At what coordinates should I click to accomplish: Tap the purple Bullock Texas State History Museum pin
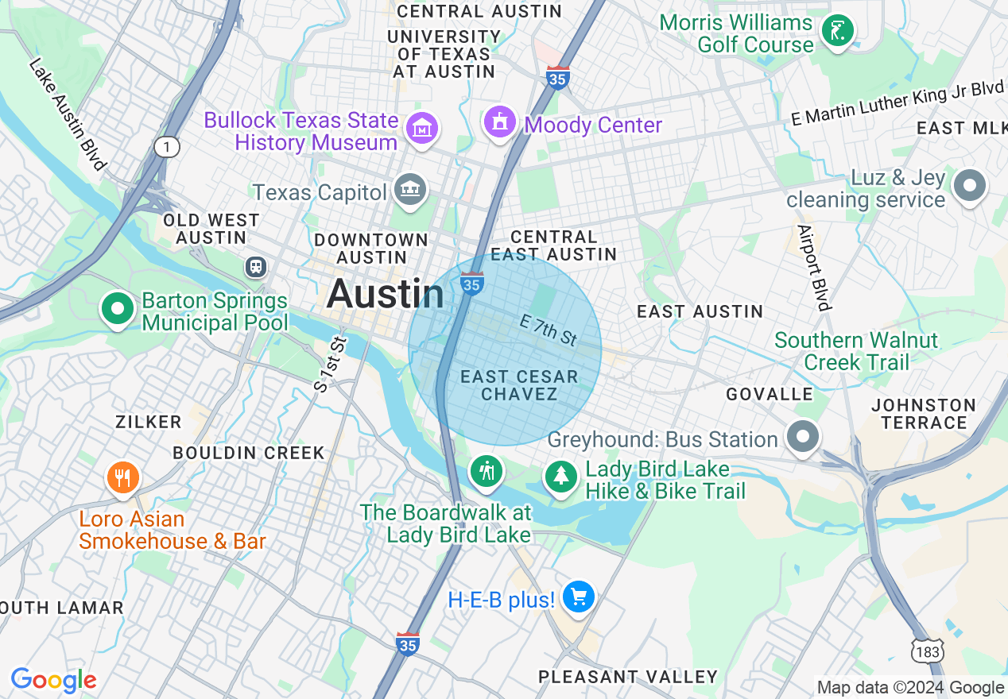421,128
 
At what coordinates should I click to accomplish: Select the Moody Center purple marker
500,122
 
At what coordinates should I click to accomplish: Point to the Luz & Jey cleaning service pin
969,186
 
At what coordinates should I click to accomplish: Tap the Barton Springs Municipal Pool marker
118,309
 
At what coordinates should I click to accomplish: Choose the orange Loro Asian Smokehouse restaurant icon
122,478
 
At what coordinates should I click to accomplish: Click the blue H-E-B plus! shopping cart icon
578,597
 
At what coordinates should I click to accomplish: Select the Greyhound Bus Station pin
803,436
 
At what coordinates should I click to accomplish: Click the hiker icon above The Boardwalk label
486,471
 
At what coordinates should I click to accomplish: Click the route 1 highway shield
168,147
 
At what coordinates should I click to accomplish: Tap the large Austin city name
385,295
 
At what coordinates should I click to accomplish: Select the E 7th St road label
548,329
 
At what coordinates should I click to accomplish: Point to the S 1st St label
331,365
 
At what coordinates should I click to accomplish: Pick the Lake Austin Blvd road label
68,114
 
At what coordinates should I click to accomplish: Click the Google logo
53,681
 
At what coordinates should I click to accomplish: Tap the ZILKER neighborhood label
148,421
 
